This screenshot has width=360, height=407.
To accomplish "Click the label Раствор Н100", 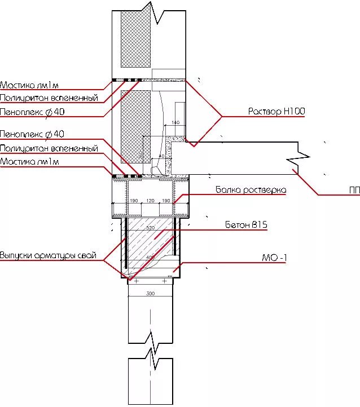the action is coord(276,112).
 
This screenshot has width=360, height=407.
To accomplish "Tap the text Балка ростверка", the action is coord(251,189).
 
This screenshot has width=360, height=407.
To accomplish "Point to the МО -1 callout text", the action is coord(275,259).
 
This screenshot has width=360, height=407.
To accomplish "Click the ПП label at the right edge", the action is coord(354,191).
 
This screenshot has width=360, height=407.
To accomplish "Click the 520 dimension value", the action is coord(150,228).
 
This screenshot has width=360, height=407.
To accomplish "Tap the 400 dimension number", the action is coord(150,258).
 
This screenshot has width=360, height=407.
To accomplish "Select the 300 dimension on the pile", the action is coord(150,294).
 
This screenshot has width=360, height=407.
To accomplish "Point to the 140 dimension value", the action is coord(174,122).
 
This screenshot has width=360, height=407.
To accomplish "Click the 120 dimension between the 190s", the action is coord(150,201).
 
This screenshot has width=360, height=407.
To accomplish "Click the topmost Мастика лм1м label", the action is coord(29,86).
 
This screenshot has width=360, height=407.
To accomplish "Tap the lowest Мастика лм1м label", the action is coord(29,162).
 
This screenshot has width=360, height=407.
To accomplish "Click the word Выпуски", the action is coord(16,255).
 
